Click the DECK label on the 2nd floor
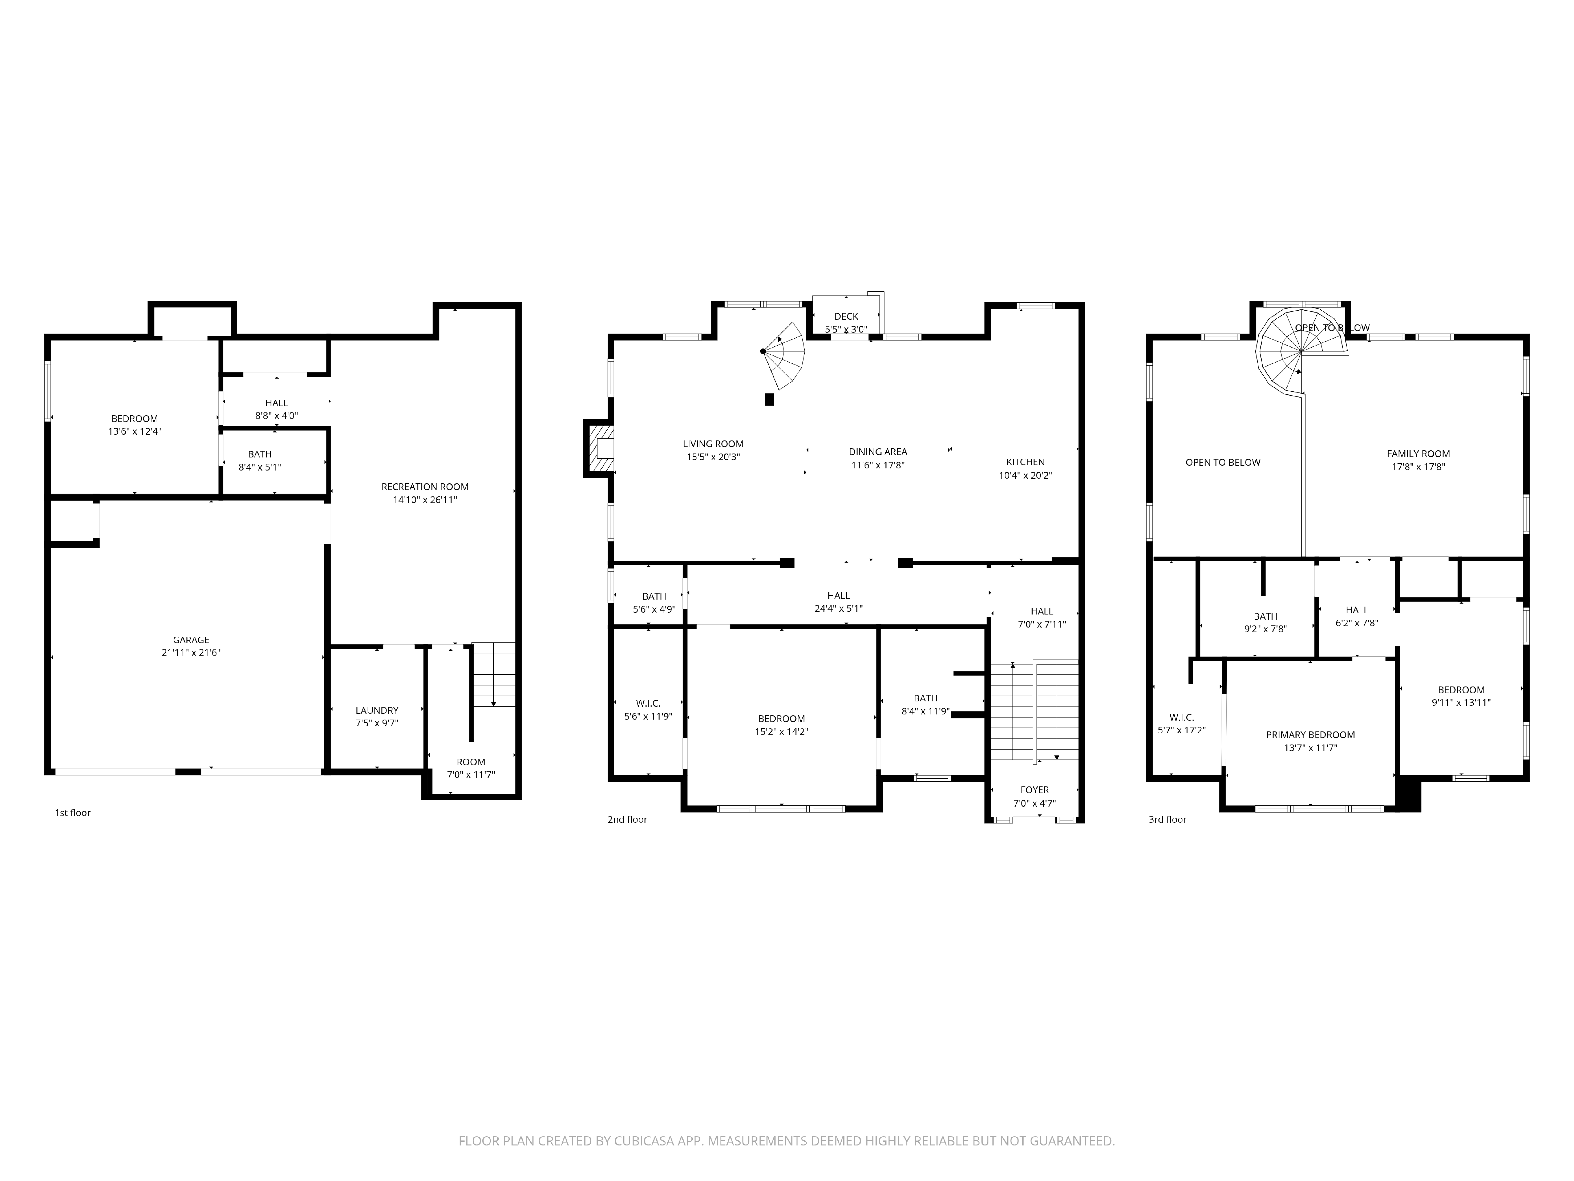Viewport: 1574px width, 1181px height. pyautogui.click(x=846, y=316)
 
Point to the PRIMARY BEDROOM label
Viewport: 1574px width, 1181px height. pyautogui.click(x=1310, y=735)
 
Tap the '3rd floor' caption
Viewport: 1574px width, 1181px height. pyautogui.click(x=1167, y=819)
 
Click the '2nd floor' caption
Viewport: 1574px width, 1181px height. pyautogui.click(x=627, y=819)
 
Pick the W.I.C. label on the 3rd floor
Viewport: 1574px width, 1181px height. pyautogui.click(x=1181, y=717)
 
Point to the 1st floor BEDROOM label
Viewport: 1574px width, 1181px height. pyautogui.click(x=134, y=419)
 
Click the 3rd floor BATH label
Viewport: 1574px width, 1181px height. pyautogui.click(x=1265, y=617)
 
